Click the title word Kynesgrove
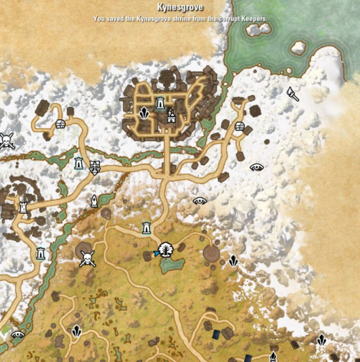(x=180, y=8)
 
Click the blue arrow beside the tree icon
(x=156, y=254)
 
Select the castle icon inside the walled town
(x=171, y=113)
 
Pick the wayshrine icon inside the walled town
(x=160, y=103)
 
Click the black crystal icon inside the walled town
(x=144, y=113)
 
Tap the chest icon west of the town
(x=60, y=124)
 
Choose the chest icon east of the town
(x=240, y=126)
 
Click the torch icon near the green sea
(x=293, y=94)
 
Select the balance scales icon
(x=95, y=167)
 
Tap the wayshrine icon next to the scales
(x=79, y=164)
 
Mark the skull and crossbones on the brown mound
(x=88, y=258)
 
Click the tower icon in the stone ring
(x=24, y=208)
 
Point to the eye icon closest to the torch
(x=257, y=167)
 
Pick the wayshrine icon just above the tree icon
(x=146, y=228)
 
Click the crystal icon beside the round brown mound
(x=234, y=261)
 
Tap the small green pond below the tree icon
(x=173, y=264)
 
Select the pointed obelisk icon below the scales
(x=94, y=201)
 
